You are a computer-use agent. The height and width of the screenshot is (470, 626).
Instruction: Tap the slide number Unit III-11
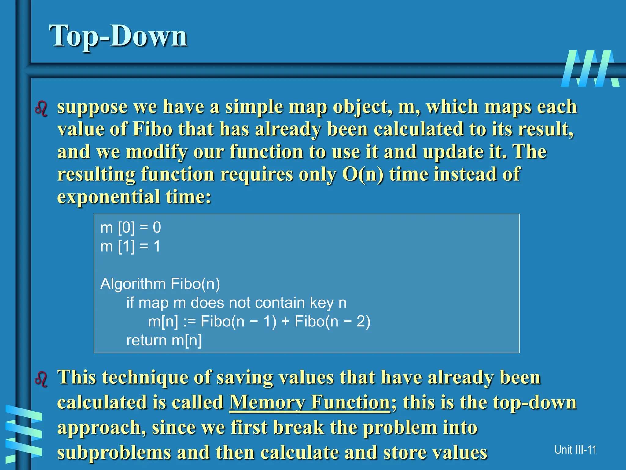pos(575,450)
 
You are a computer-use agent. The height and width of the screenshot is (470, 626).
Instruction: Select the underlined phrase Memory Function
pos(309,402)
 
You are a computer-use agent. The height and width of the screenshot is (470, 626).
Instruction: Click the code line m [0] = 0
pos(131,227)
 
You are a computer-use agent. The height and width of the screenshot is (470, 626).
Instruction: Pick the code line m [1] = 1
pos(130,246)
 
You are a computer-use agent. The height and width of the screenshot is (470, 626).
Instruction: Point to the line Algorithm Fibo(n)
pos(160,284)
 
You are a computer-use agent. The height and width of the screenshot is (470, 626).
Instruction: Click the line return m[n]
pos(164,340)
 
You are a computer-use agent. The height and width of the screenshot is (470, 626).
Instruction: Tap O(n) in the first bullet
pos(363,174)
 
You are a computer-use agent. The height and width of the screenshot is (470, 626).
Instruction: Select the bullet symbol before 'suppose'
pos(41,109)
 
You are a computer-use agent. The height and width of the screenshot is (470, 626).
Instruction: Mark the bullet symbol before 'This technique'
pos(41,379)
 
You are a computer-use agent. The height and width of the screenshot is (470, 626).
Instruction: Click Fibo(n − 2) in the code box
pos(332,322)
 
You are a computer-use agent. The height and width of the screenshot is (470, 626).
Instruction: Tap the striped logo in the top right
pos(590,69)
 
